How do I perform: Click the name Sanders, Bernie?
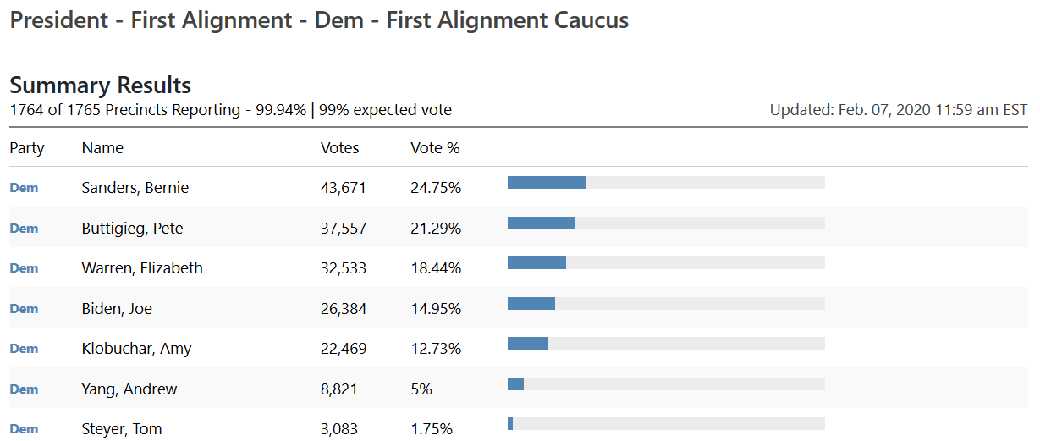(x=135, y=188)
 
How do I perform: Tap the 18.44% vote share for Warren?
(x=436, y=268)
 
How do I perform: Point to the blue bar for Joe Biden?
(x=531, y=303)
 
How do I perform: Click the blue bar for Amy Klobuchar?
(x=528, y=343)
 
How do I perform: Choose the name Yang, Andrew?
(x=129, y=389)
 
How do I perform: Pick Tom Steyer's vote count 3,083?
(x=338, y=429)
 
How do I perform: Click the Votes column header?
(x=339, y=148)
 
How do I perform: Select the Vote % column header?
(x=435, y=148)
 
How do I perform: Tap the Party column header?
(x=27, y=148)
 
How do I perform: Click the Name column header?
(x=102, y=148)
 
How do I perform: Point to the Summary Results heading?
(x=100, y=85)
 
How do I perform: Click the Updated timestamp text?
(x=898, y=110)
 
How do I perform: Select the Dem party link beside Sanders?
(x=24, y=188)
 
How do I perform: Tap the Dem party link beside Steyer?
(x=24, y=429)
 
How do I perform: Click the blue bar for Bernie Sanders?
(x=547, y=182)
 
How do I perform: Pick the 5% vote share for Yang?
(x=421, y=389)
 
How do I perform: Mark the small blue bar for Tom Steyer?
(x=510, y=423)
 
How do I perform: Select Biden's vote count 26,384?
(x=343, y=309)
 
